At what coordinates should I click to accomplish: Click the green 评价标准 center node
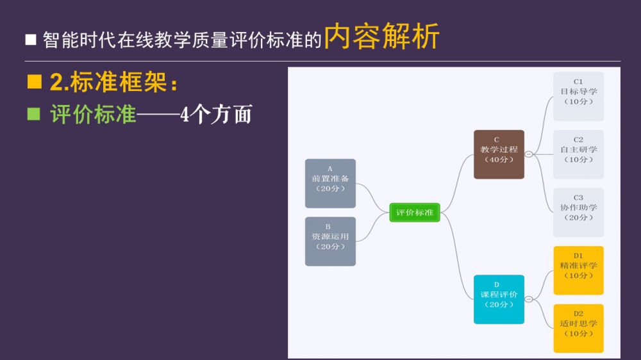point(415,212)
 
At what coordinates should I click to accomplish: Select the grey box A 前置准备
point(330,183)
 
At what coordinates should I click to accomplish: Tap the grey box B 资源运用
point(330,241)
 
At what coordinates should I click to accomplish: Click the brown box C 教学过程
point(499,154)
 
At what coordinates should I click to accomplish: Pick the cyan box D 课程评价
point(499,299)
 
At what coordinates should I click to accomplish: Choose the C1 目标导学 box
point(578,96)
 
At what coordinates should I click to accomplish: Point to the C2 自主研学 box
point(578,154)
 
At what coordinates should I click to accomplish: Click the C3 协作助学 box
point(578,212)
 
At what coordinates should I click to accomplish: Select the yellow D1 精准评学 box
point(578,270)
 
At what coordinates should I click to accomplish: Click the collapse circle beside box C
point(528,154)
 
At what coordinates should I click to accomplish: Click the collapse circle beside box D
point(528,299)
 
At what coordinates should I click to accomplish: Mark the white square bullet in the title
point(31,40)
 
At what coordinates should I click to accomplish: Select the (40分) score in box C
point(499,160)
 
